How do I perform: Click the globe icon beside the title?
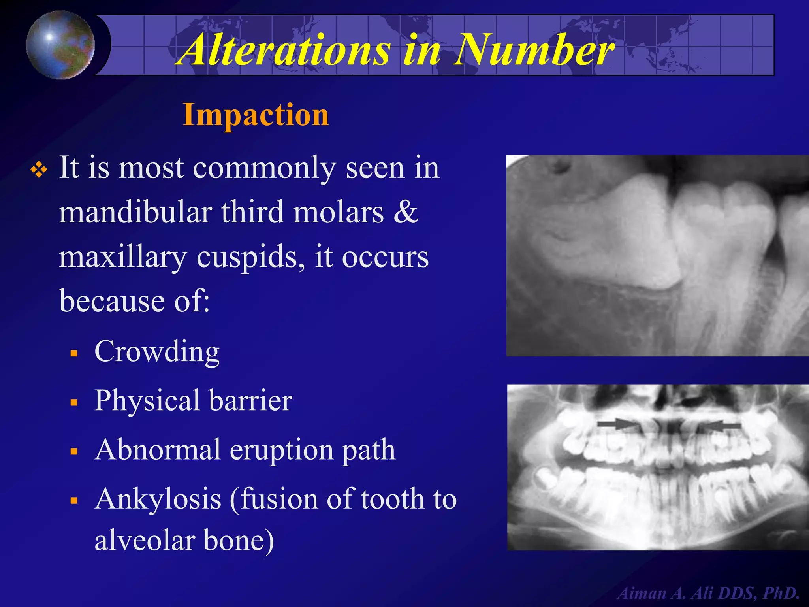60,45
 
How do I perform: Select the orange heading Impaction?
256,115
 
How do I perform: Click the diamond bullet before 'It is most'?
39,170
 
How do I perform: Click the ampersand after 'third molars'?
406,213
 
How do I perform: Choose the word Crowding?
157,351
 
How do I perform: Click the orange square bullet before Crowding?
74,353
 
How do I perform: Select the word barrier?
250,401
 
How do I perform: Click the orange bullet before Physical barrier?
74,402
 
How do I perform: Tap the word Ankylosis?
158,499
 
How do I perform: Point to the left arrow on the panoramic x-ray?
617,424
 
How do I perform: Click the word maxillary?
123,257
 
